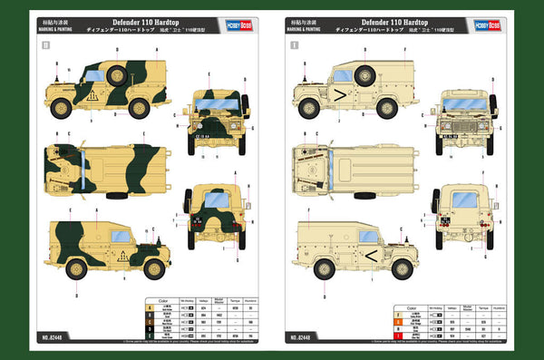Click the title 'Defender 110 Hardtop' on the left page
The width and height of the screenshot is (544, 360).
tap(143, 20)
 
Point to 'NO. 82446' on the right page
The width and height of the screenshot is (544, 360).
tap(305, 337)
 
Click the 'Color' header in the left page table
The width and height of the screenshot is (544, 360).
tap(161, 301)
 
